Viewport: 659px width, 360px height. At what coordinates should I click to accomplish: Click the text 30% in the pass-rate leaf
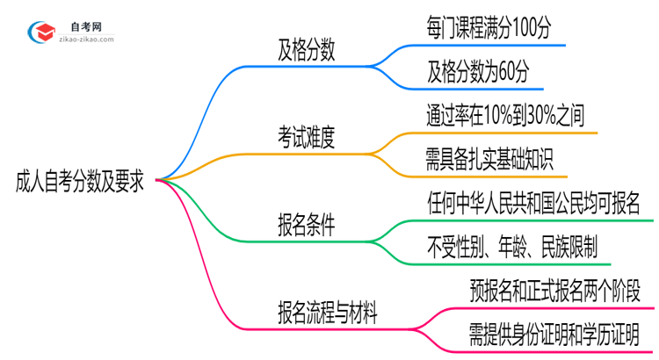coord(546,116)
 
